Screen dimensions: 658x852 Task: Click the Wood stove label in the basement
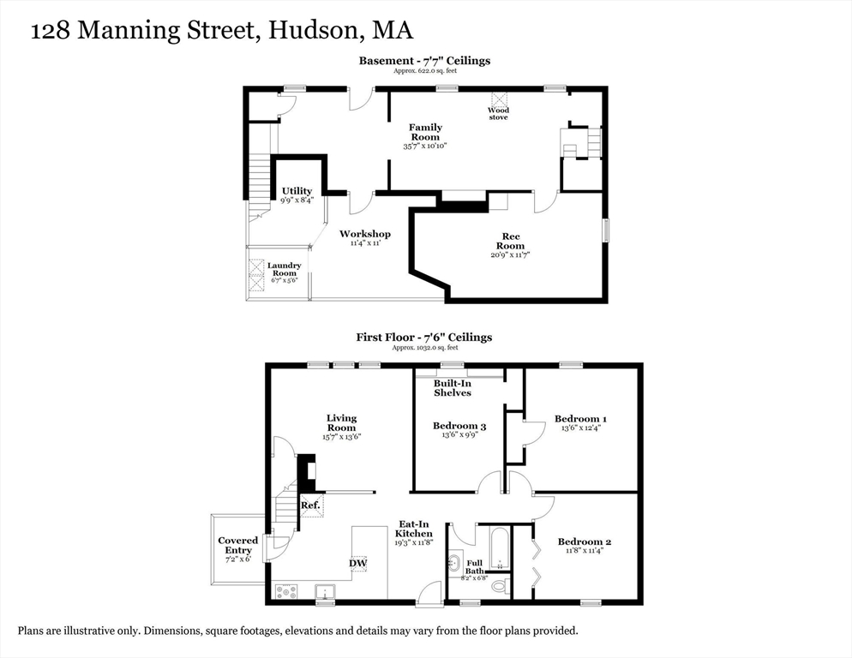tap(498, 113)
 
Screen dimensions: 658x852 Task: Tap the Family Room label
tap(425, 132)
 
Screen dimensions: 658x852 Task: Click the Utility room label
tap(297, 191)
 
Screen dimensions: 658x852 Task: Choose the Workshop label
tap(364, 234)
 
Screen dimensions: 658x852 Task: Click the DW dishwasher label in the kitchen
tap(357, 563)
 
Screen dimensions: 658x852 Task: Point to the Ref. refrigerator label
tap(310, 505)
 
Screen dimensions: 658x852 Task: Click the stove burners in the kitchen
tap(286, 590)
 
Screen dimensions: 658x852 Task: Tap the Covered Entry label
tap(237, 546)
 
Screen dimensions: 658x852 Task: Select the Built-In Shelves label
tap(452, 387)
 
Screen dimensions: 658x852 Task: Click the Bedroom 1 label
tap(581, 419)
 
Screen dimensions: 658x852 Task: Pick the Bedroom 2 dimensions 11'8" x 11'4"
tap(584, 551)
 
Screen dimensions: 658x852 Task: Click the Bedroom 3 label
tap(459, 426)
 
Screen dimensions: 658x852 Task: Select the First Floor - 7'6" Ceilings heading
tap(424, 338)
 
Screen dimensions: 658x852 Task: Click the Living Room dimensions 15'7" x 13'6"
tap(341, 436)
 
